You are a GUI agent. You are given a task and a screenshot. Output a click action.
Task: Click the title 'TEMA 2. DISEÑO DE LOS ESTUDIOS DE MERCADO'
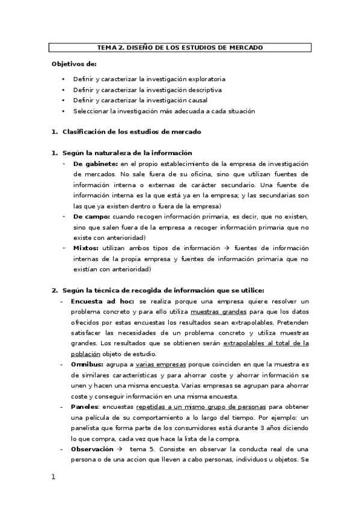(x=180, y=48)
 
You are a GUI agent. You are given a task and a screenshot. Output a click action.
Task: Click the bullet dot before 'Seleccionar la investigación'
(x=63, y=111)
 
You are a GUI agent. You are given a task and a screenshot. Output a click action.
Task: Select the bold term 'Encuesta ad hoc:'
(x=103, y=301)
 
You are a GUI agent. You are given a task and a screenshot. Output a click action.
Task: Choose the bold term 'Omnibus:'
(x=87, y=364)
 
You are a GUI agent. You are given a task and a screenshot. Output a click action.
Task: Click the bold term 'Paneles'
(x=84, y=407)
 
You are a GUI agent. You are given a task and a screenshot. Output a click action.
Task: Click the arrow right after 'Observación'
(x=120, y=449)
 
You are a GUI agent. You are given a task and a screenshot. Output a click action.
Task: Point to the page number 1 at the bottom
(x=53, y=477)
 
